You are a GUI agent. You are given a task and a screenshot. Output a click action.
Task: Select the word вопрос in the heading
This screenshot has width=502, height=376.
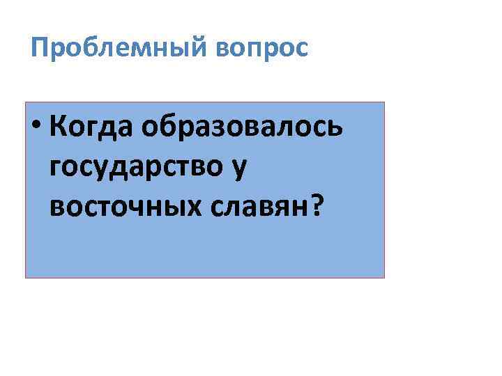coord(261,48)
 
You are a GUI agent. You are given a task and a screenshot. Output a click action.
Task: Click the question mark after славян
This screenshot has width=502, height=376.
coord(317,205)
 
